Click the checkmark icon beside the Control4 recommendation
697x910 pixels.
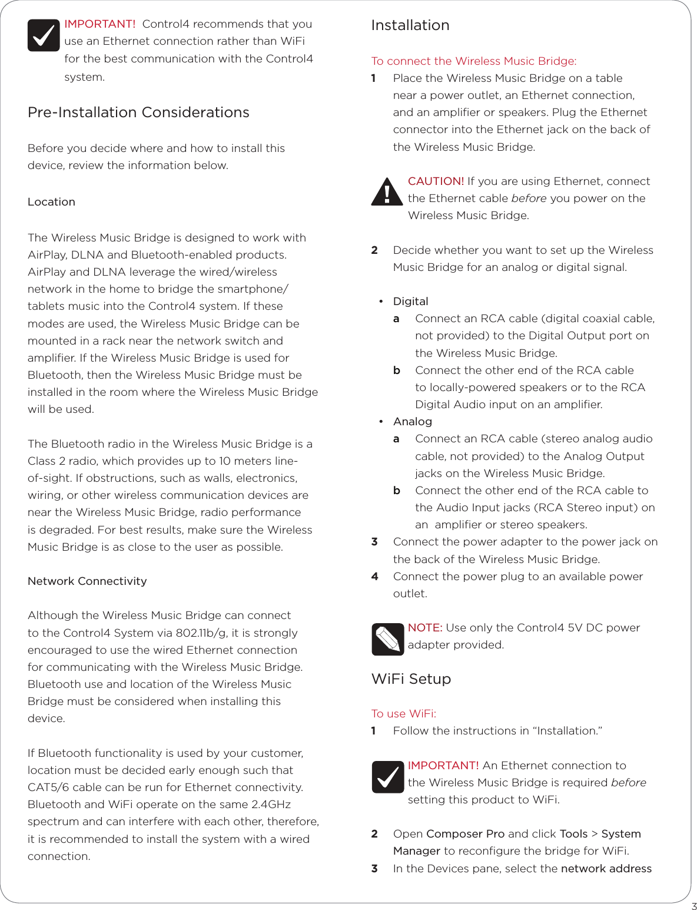click(x=44, y=35)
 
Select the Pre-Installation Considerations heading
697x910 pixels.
click(x=138, y=112)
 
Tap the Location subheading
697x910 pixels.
click(x=51, y=202)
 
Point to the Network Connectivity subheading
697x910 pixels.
click(x=87, y=581)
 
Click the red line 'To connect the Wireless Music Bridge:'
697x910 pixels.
click(x=474, y=61)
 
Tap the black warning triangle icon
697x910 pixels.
click(x=387, y=192)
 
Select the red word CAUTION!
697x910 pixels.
click(x=436, y=181)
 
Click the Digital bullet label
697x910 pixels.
click(x=410, y=302)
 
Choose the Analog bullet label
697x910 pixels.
click(x=412, y=422)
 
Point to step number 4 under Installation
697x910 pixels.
click(x=374, y=577)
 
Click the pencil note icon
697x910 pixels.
click(x=387, y=639)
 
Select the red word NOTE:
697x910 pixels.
click(x=425, y=628)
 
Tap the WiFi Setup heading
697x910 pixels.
click(x=411, y=679)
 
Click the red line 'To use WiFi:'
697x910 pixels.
click(x=404, y=714)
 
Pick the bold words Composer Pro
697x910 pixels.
click(x=465, y=834)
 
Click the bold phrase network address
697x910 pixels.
click(x=606, y=869)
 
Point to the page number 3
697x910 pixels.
click(x=694, y=906)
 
